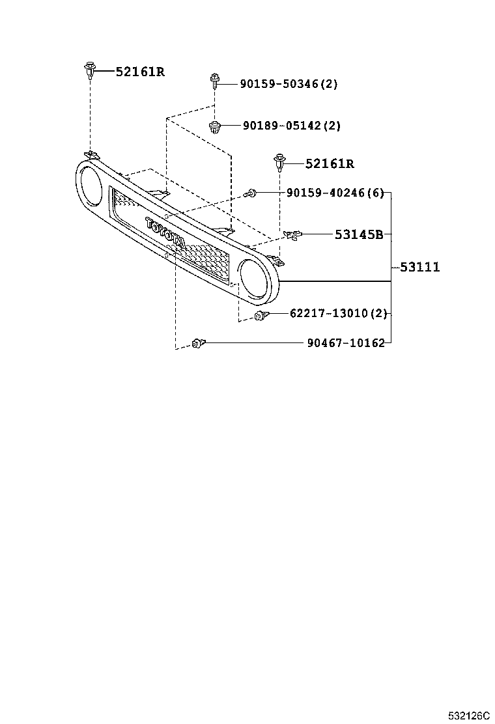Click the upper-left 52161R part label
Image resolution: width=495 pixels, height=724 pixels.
click(x=140, y=72)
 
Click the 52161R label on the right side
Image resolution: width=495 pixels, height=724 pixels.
click(x=330, y=164)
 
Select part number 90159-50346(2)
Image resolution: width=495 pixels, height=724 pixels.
click(x=289, y=84)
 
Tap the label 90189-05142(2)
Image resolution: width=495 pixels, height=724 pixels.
click(x=291, y=126)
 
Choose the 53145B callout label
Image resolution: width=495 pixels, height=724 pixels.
click(x=358, y=234)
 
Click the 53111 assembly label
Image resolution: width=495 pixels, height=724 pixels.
click(x=419, y=267)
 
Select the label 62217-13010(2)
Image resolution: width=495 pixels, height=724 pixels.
click(x=338, y=314)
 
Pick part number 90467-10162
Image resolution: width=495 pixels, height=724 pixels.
click(x=345, y=342)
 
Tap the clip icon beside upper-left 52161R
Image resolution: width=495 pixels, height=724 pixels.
click(x=89, y=70)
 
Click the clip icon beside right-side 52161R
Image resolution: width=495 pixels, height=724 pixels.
click(x=279, y=163)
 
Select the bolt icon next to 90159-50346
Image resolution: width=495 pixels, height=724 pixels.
click(x=214, y=81)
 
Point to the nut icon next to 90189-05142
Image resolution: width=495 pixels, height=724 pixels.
click(x=214, y=126)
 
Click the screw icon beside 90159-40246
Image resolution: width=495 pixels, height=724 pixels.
click(x=251, y=193)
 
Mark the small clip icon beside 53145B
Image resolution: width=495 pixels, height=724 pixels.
click(x=292, y=234)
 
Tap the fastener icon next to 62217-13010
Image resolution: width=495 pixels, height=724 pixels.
click(x=261, y=316)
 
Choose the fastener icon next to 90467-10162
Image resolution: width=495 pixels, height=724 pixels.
click(x=198, y=342)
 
